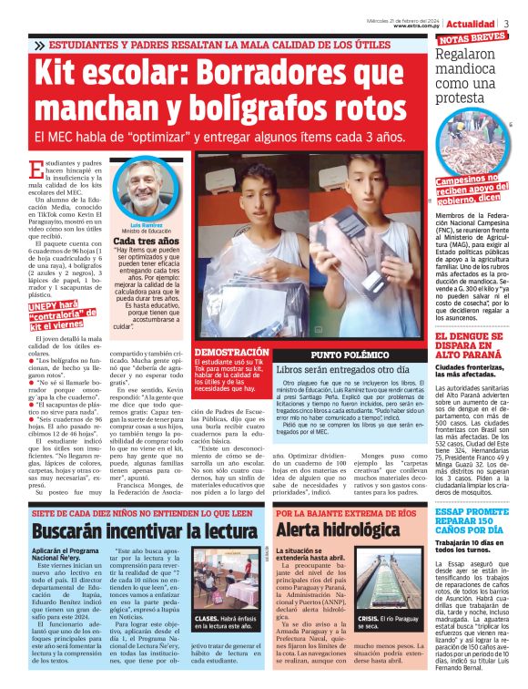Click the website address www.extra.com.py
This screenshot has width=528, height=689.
pyautogui.click(x=418, y=26)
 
